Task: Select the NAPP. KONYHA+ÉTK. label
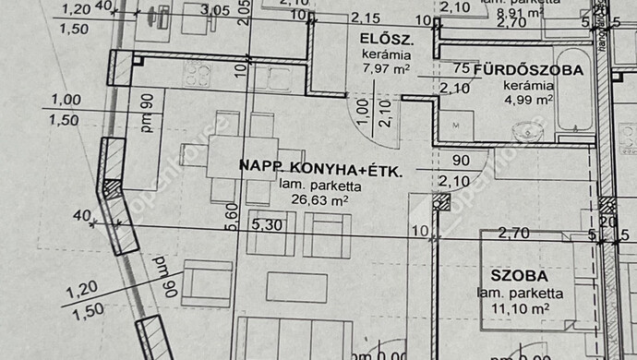320,166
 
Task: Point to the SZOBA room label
520,276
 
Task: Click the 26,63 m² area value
314,198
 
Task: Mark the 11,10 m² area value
522,308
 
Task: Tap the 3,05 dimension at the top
215,11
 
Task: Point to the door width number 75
461,69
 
